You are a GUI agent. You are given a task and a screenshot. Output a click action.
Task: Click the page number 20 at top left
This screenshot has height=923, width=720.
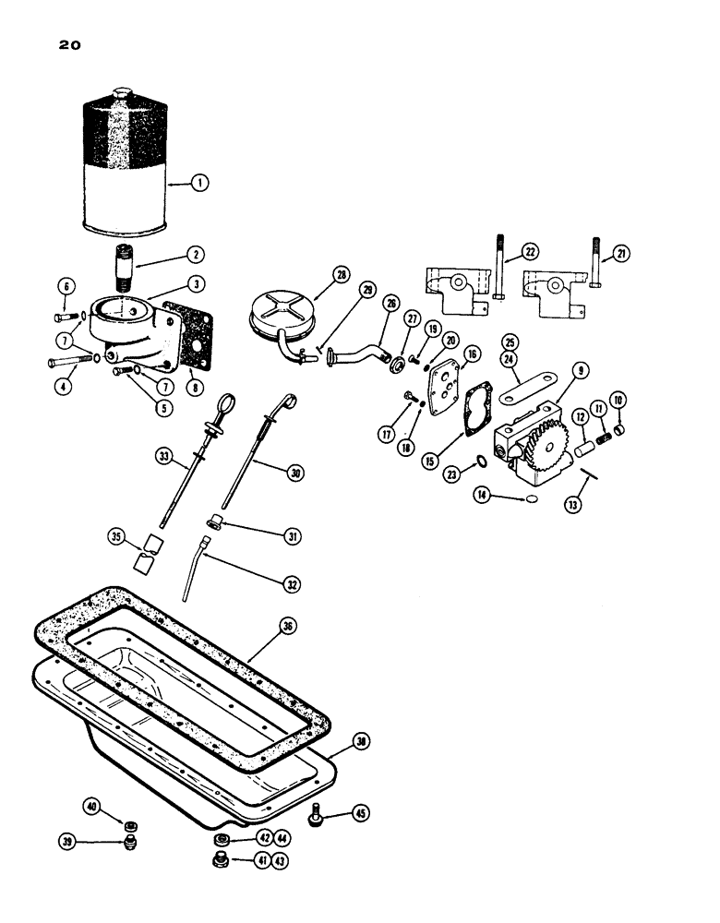point(58,43)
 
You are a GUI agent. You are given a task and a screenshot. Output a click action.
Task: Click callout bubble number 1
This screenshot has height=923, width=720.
point(199,183)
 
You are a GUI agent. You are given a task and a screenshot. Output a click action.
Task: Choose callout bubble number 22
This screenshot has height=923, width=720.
point(530,251)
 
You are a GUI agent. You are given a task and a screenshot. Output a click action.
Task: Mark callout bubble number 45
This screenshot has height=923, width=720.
point(360,813)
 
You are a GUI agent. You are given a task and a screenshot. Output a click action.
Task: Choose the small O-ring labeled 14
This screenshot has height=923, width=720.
point(530,499)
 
